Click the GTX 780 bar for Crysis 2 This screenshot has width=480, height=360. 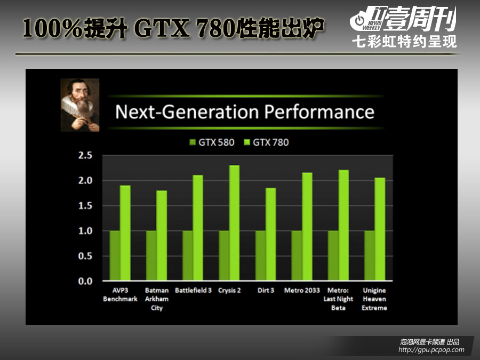234,223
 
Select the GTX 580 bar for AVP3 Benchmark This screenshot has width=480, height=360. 115,255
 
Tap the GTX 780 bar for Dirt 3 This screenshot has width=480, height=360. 270,234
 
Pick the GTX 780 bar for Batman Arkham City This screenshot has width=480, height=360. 162,235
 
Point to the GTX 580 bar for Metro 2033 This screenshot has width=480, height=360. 297,255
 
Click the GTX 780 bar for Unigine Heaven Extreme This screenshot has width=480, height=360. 380,229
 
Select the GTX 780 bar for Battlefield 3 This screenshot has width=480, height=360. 198,228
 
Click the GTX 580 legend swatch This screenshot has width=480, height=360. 193,142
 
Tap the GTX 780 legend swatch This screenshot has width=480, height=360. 247,142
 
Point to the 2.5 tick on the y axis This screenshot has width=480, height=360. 85,156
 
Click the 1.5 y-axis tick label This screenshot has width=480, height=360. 85,206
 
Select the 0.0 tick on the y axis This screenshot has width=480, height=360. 85,281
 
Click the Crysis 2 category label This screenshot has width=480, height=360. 229,291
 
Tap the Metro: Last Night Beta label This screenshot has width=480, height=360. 338,299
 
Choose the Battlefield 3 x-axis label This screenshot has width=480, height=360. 193,290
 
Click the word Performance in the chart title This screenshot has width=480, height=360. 319,112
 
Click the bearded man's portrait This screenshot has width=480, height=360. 80,105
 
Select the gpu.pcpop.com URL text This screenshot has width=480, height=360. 431,349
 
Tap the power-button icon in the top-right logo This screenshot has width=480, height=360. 359,21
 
